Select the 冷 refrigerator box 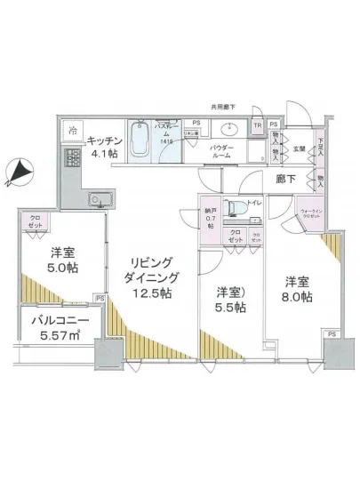click(x=71, y=130)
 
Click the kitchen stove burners click(x=71, y=161)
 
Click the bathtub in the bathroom click(x=140, y=139)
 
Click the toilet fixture click(x=233, y=207)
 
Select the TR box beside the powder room click(x=257, y=125)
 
